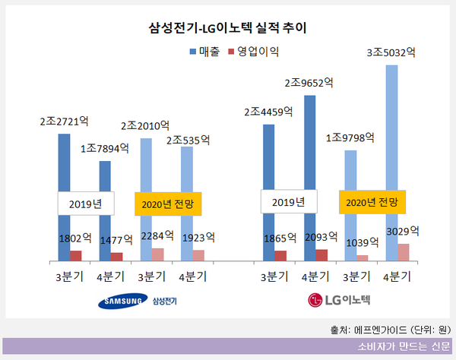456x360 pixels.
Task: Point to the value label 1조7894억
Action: tap(103, 148)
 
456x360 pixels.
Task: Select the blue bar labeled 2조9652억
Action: tap(309, 175)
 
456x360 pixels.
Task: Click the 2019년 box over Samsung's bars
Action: tap(86, 203)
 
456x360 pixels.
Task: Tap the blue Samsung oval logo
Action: tap(122, 302)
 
